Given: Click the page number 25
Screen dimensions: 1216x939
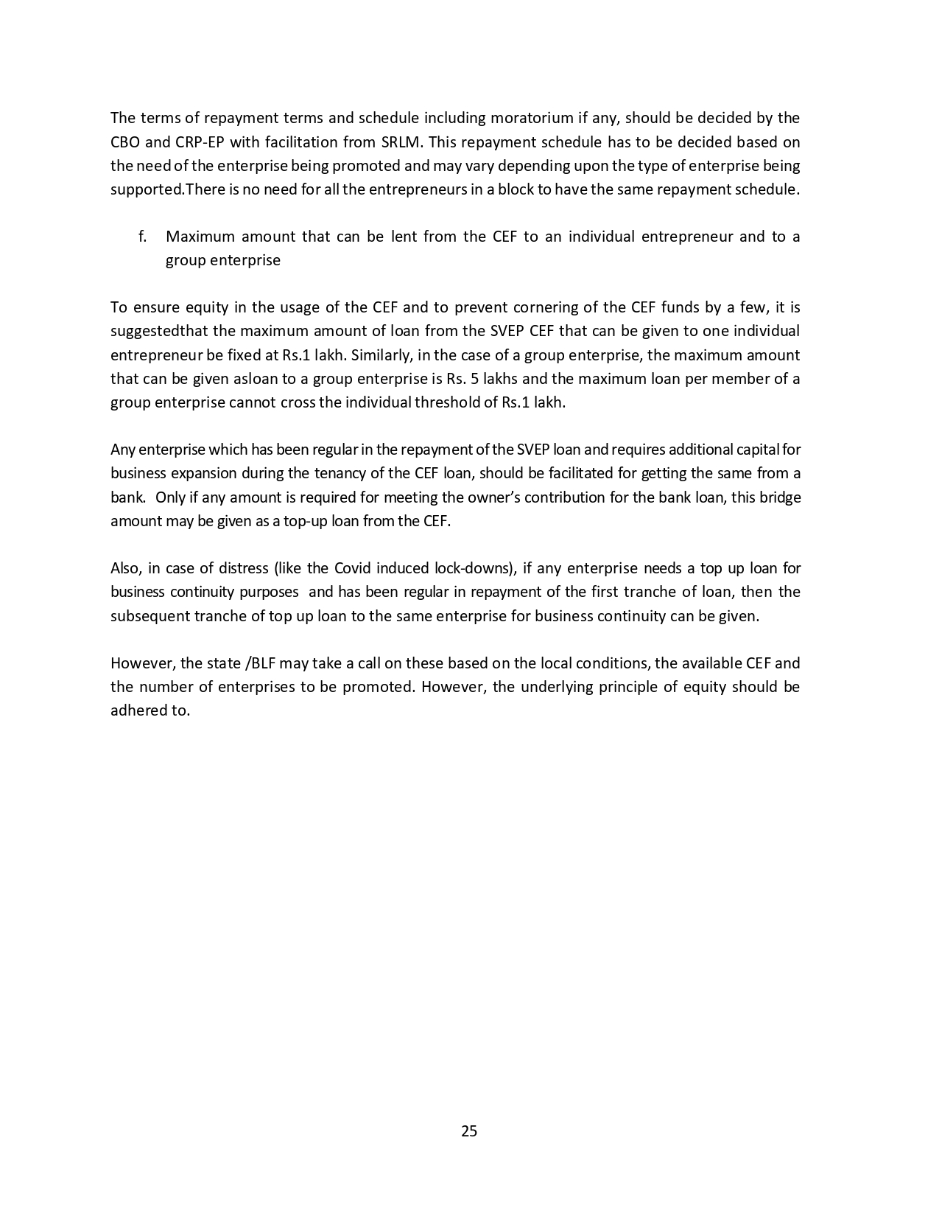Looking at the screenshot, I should (469, 1131).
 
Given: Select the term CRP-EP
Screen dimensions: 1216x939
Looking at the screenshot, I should (200, 141).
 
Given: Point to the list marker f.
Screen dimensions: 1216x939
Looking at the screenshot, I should (142, 237).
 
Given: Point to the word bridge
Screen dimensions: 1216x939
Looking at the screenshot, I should (780, 497).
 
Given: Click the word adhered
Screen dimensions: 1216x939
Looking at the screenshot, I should (140, 710).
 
